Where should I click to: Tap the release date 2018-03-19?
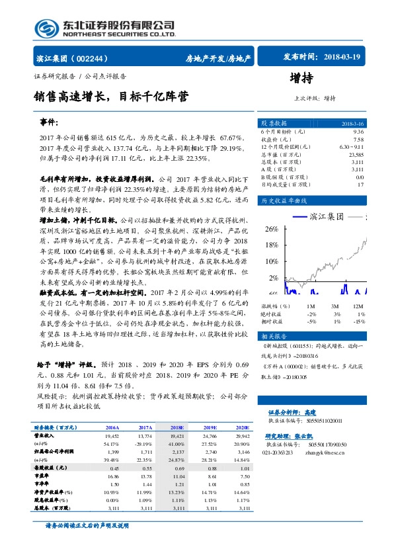click(x=340, y=58)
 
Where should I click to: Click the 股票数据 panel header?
click(x=274, y=124)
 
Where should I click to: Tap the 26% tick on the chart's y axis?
click(x=270, y=228)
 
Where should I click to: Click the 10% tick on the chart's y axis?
click(x=270, y=261)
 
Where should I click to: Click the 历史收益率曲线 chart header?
click(x=284, y=200)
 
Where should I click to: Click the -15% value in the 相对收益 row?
click(x=358, y=321)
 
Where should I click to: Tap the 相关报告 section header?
click(x=274, y=336)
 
